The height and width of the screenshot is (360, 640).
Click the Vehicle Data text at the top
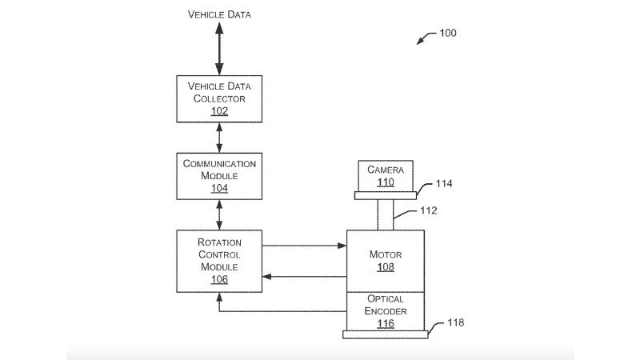pos(219,14)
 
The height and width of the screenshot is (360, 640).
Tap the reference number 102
pos(219,111)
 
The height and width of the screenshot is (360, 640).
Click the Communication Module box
pos(219,175)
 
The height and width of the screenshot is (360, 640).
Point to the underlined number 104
pos(219,188)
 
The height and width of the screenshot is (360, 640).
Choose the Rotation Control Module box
pos(219,260)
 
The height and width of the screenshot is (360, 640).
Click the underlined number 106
pos(219,279)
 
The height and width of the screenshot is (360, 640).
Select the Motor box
pos(386,260)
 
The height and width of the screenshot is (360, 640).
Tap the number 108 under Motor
pos(386,267)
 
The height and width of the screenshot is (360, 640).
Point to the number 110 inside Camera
pos(386,182)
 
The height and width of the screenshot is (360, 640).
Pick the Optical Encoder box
pos(386,310)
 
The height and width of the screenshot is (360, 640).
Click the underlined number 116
pos(386,323)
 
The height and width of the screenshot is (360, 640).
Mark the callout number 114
pos(445,184)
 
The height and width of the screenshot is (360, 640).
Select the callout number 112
pos(430,212)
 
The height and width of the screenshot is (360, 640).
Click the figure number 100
pos(449,33)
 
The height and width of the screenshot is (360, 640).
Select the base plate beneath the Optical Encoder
pos(386,334)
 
